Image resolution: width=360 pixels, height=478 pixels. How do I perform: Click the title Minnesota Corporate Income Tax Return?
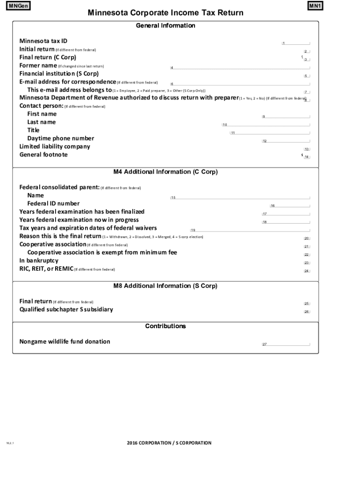[x=166, y=13]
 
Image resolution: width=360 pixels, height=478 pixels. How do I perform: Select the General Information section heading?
[x=166, y=26]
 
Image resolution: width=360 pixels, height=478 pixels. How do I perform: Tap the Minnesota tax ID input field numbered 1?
[x=295, y=43]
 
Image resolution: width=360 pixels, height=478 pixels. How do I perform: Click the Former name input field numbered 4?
[x=240, y=68]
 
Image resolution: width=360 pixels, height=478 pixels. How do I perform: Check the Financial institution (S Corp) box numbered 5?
[x=307, y=76]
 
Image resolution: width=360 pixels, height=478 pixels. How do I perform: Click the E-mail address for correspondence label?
[x=67, y=82]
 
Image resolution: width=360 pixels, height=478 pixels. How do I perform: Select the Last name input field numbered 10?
[x=266, y=125]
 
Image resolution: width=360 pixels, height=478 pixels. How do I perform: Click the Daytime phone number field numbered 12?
[x=286, y=141]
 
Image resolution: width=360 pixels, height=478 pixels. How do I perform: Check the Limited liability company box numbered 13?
[x=307, y=149]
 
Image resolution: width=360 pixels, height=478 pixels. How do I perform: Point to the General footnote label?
[x=43, y=155]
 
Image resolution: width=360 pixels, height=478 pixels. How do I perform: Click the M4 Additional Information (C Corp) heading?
[x=166, y=172]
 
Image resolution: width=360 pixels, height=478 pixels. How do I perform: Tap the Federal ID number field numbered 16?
[x=289, y=205]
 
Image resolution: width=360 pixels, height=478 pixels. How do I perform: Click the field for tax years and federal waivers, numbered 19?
[x=250, y=230]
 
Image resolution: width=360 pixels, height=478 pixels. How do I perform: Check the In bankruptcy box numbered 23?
[x=307, y=263]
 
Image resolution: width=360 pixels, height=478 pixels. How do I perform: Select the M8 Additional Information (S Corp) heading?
[x=166, y=286]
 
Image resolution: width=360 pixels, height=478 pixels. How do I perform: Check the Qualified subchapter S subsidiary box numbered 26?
[x=307, y=311]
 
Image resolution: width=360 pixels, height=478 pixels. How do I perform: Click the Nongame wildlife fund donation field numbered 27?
[x=286, y=344]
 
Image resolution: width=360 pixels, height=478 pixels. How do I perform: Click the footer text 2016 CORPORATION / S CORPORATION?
[x=169, y=443]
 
